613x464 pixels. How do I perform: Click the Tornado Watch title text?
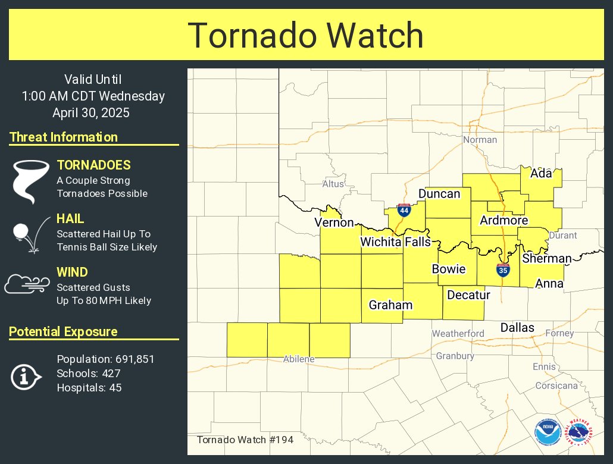pos(306,36)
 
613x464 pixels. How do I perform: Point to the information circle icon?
pos(26,377)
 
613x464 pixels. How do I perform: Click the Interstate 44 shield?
pos(404,210)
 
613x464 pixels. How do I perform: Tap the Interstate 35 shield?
pos(503,269)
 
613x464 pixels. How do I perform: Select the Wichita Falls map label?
pos(395,242)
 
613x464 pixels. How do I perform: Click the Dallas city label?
pos(517,327)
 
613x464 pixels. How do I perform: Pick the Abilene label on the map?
pos(298,359)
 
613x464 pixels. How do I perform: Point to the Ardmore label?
pos(504,221)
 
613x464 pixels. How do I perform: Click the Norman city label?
pos(480,140)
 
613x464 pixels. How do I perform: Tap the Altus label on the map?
pos(333,184)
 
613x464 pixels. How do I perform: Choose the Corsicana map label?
pos(556,385)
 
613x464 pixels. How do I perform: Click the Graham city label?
pos(390,305)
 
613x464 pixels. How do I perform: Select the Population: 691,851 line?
pos(105,359)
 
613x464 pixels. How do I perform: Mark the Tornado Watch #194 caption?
pos(245,440)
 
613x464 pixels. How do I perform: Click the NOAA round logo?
pos(548,432)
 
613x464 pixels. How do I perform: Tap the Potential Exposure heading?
pos(63,332)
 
